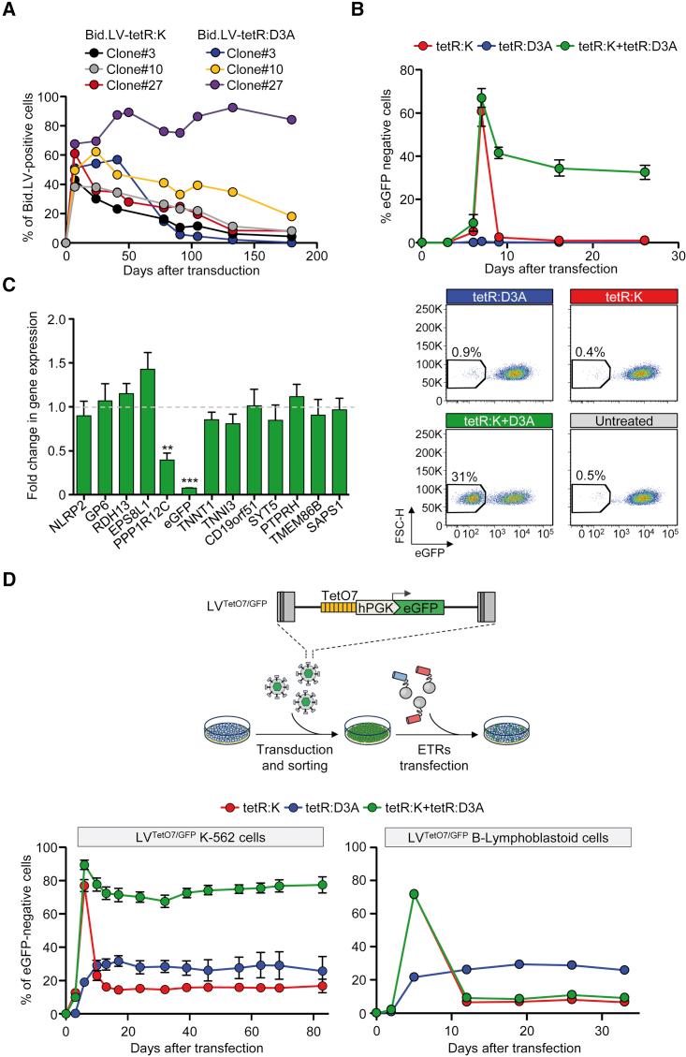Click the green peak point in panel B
[482, 97]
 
